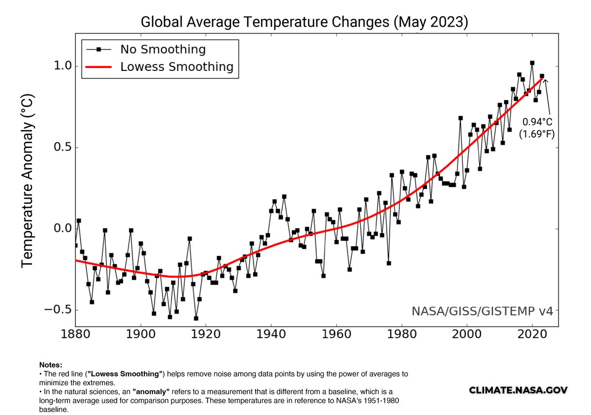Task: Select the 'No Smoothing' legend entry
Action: coord(163,49)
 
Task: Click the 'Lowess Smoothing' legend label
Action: coord(177,66)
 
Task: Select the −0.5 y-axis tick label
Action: coord(59,310)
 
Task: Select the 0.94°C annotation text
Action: coord(537,122)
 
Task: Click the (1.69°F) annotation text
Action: coord(537,133)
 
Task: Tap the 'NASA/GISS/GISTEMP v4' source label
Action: coord(485,311)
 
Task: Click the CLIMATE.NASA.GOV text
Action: coord(518,390)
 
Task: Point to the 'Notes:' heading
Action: coord(51,365)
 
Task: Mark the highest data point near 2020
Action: coord(532,63)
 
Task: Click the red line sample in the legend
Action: coord(98,66)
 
